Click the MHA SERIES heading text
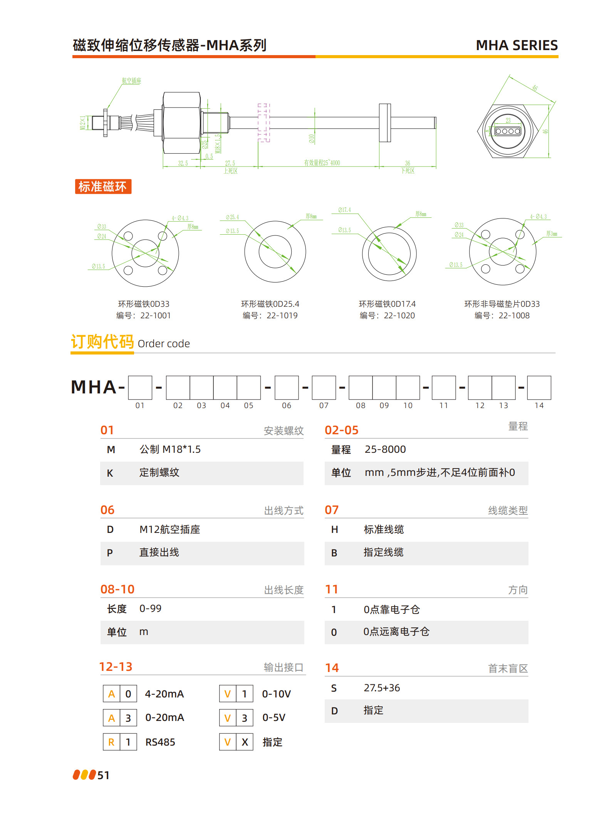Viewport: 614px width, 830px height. pos(517,45)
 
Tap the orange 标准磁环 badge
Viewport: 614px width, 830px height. pos(103,187)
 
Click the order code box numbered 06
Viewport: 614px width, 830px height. pos(287,388)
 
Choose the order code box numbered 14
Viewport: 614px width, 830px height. pos(539,388)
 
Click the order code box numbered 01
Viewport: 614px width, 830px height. pos(140,388)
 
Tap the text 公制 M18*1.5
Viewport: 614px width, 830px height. pos(170,449)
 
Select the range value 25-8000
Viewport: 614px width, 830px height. pos(385,449)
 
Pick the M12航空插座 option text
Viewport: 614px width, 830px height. pos(169,529)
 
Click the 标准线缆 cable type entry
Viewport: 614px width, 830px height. pos(384,529)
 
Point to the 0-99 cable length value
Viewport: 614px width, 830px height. pos(150,608)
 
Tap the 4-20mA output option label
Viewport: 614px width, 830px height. pos(164,694)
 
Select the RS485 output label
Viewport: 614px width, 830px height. pos(160,742)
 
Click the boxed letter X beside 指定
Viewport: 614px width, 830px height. pos(245,742)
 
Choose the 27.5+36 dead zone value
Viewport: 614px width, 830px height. pos(382,688)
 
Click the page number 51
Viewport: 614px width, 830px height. pos(103,775)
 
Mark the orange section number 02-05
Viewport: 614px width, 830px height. pos(341,430)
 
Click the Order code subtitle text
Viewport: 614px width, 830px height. pos(164,344)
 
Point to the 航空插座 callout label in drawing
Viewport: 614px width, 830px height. pos(131,81)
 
